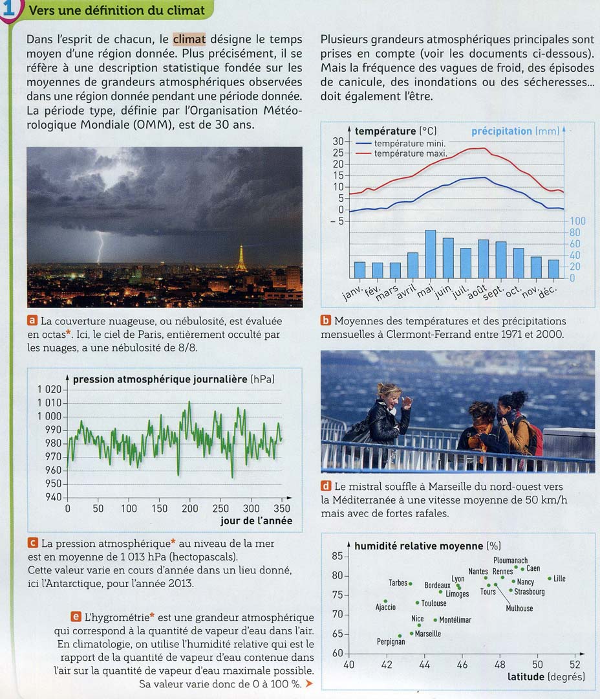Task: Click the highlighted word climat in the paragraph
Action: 189,39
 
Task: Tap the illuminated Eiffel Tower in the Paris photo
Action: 241,258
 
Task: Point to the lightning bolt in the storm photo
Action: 100,248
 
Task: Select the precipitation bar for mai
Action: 430,254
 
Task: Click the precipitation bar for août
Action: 483,259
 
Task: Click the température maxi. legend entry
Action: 409,153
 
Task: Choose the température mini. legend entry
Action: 409,143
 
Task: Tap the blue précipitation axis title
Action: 501,131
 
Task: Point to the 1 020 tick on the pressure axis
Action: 50,390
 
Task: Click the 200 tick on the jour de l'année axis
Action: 190,509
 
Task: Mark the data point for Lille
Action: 550,578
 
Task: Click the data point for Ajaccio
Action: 385,601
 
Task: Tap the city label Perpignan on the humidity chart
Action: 391,642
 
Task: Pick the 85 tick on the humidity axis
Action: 337,556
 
